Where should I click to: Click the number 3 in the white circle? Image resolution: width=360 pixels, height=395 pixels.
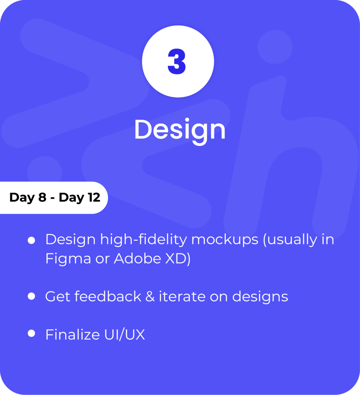(x=177, y=61)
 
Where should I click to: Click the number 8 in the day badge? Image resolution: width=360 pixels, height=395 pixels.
(x=42, y=197)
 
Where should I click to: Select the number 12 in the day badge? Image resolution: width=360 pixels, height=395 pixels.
(x=94, y=197)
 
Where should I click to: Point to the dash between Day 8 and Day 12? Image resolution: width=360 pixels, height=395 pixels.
(x=52, y=198)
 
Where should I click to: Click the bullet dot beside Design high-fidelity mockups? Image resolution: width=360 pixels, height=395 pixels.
(x=31, y=240)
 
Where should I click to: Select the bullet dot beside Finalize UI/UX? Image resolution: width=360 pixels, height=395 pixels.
(x=31, y=333)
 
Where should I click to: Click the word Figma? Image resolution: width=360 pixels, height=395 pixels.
(x=68, y=259)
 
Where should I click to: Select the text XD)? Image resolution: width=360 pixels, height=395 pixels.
(x=178, y=259)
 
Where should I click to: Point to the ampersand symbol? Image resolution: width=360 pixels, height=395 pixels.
(x=150, y=296)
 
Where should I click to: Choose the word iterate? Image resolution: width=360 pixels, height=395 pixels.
(x=182, y=296)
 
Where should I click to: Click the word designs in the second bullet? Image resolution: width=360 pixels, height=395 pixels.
(x=260, y=297)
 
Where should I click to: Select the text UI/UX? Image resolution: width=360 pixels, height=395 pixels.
(x=125, y=334)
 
